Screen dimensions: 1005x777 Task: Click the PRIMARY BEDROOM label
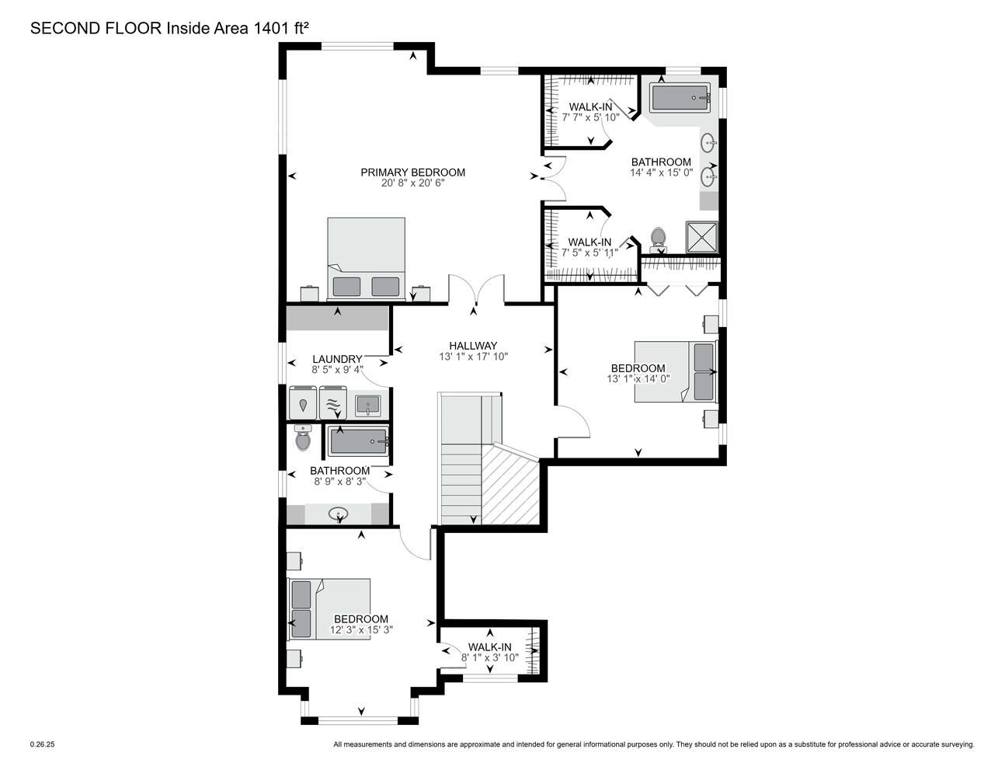[412, 172]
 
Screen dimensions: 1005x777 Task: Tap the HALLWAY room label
[473, 346]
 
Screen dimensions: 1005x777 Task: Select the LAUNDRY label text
[337, 359]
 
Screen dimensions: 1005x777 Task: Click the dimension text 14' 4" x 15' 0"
[661, 173]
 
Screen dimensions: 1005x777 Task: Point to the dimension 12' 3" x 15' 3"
[360, 630]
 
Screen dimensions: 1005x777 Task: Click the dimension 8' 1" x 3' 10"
[490, 657]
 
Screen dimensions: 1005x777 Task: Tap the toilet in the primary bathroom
[657, 239]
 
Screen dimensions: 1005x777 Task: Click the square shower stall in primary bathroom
[702, 237]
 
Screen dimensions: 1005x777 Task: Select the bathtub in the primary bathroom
[680, 98]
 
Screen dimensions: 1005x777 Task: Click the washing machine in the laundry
[303, 402]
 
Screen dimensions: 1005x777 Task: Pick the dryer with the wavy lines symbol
[333, 402]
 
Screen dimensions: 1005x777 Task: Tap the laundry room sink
[368, 406]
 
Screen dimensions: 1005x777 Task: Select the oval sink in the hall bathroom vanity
[339, 514]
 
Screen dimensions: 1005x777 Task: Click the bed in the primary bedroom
[366, 259]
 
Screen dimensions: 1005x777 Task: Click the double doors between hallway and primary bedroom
[476, 289]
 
